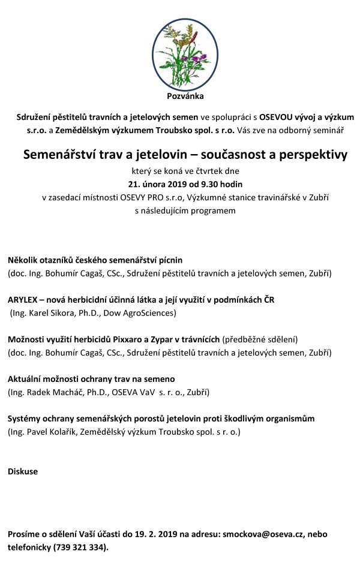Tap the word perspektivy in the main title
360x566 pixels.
tap(302, 155)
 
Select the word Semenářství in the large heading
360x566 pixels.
tap(59, 155)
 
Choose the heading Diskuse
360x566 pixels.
tap(23, 471)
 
